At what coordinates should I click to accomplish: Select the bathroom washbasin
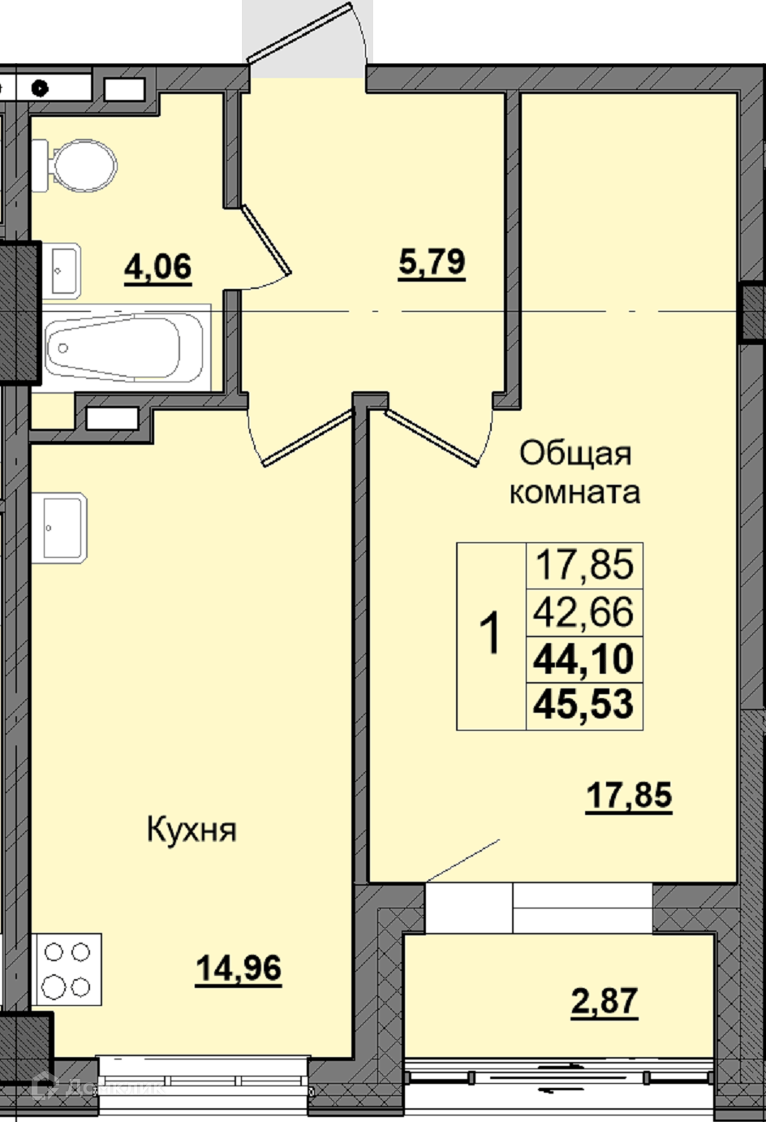tap(61, 270)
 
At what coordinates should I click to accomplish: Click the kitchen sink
tap(59, 528)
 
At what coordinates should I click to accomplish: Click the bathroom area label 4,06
tap(157, 267)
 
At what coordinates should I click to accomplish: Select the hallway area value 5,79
tap(432, 262)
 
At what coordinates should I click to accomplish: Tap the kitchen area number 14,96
tap(239, 968)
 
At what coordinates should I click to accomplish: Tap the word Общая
tap(576, 455)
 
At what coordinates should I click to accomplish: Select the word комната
tap(574, 492)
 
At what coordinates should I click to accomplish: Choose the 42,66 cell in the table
tap(584, 612)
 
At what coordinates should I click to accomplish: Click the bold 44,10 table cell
tap(584, 659)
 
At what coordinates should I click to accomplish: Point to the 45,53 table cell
tap(584, 706)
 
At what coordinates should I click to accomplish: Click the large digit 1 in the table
tap(491, 632)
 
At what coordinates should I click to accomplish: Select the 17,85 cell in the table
tap(584, 565)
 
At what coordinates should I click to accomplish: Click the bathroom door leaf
tap(266, 240)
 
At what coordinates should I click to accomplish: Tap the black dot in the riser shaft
tap(40, 88)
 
